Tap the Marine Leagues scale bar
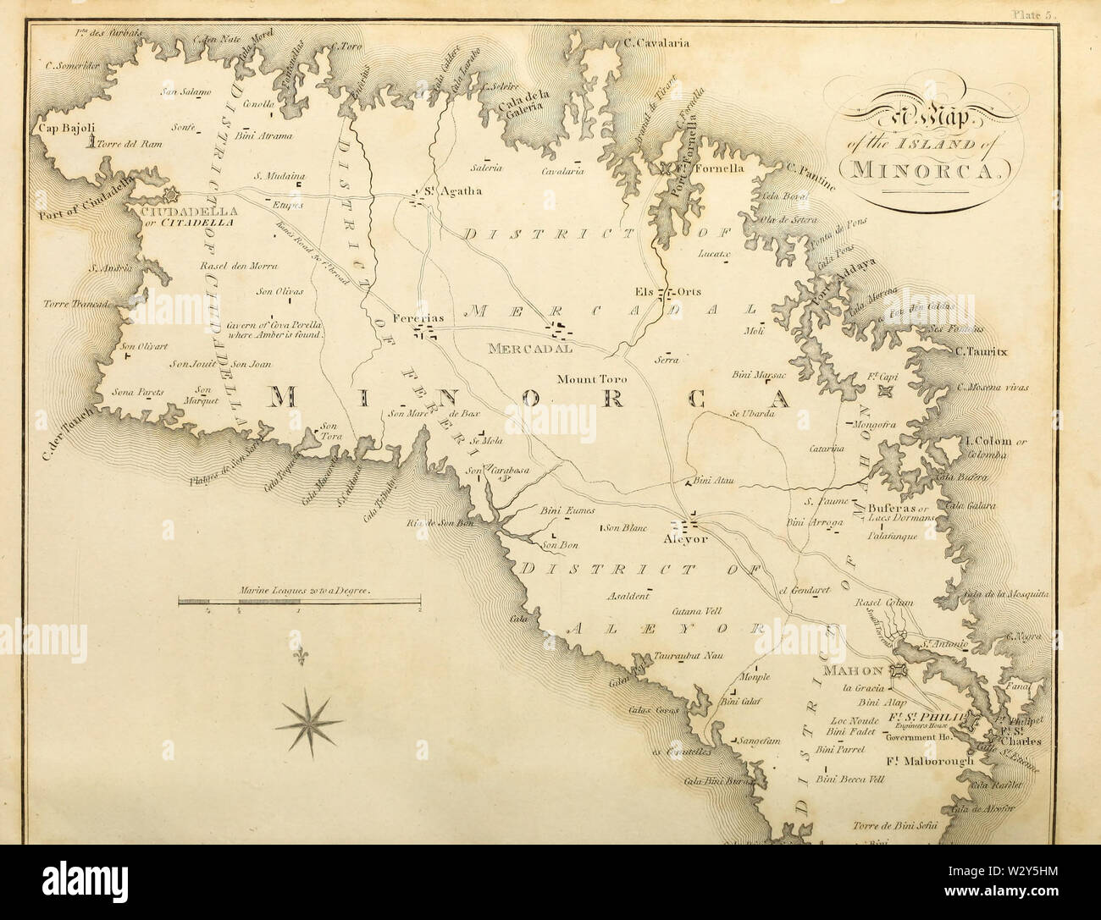tap(299, 602)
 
